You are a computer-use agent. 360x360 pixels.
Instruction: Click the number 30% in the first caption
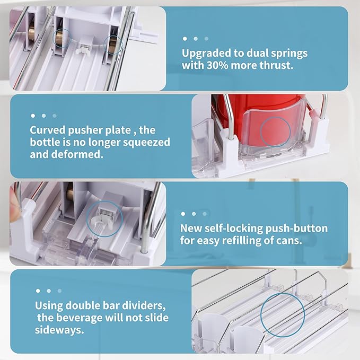[x=217, y=65]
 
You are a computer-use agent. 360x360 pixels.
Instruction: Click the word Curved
[x=47, y=130]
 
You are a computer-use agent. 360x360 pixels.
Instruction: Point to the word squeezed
[x=146, y=143]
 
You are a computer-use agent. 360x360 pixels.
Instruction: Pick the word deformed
[x=77, y=154]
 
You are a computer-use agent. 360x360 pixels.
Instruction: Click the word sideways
[x=59, y=330]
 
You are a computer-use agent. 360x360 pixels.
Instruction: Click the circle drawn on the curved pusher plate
[x=275, y=117]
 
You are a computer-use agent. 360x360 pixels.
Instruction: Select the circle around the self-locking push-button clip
[x=104, y=201]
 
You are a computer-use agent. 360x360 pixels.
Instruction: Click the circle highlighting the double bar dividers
[x=283, y=293]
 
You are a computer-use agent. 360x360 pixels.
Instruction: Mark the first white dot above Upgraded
[x=185, y=39]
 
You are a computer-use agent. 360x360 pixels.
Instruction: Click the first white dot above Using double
[x=38, y=291]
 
